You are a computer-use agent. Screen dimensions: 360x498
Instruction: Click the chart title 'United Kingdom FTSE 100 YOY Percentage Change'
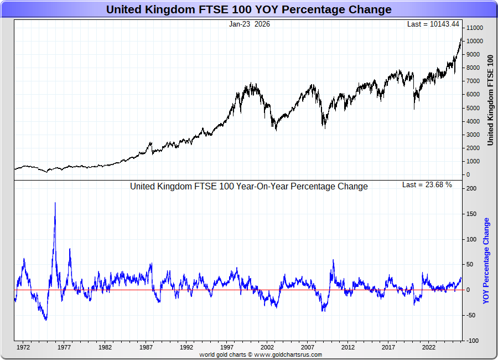pos(248,9)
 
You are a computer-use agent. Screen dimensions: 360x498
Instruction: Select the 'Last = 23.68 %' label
pos(427,185)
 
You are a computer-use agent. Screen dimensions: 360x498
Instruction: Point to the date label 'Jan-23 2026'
pos(250,24)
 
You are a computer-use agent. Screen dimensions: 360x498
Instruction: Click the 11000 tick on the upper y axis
pos(475,28)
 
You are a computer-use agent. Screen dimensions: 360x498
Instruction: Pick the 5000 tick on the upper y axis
pos(473,108)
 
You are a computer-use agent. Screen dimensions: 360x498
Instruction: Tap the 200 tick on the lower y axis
pos(471,188)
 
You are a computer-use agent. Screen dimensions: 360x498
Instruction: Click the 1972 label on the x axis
pos(23,348)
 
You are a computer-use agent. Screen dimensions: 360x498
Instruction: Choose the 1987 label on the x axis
pos(146,348)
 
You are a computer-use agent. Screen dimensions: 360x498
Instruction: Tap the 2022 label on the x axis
pos(428,348)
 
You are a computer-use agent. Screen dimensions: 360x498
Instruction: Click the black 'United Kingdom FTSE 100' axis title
pos(490,100)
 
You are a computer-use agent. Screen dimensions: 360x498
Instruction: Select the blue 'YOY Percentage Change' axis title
pos(486,261)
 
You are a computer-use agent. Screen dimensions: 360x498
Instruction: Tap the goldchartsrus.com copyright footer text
pos(261,354)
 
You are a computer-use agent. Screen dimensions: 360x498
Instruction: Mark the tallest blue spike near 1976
pos(55,203)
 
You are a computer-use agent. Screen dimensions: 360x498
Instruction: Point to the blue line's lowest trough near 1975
pos(46,320)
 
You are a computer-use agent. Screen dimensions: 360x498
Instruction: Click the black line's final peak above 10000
pos(461,38)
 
